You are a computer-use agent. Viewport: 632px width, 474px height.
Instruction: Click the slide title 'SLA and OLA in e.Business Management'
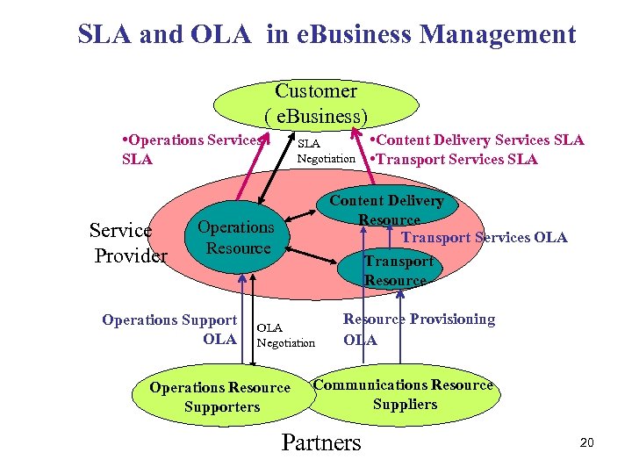pos(327,35)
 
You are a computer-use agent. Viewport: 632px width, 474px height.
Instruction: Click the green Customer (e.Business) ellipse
pos(316,103)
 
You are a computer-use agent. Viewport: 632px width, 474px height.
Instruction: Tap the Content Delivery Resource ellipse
pos(386,210)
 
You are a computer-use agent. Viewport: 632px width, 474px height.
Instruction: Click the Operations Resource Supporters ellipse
pos(219,397)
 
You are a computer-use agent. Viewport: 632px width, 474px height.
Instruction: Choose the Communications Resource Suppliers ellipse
pos(404,394)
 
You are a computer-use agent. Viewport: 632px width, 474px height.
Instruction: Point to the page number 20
pos(586,442)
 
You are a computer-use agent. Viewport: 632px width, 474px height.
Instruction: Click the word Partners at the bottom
pos(321,442)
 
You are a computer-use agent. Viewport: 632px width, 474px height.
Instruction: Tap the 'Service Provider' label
pos(128,243)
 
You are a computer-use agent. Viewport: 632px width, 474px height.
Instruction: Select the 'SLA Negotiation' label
pos(327,150)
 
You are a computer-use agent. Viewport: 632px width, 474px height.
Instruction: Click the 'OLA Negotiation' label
pos(285,335)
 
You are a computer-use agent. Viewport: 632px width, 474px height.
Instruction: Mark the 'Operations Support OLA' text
pos(169,329)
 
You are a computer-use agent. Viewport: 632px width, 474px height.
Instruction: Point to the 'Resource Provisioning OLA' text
pos(419,329)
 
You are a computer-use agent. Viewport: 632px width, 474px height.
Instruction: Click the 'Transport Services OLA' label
pos(485,237)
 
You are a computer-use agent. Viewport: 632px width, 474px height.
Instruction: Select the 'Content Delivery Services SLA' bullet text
pos(477,140)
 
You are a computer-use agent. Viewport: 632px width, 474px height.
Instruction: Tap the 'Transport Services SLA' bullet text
pos(454,159)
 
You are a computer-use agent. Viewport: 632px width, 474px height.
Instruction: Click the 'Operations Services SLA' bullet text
pos(190,149)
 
